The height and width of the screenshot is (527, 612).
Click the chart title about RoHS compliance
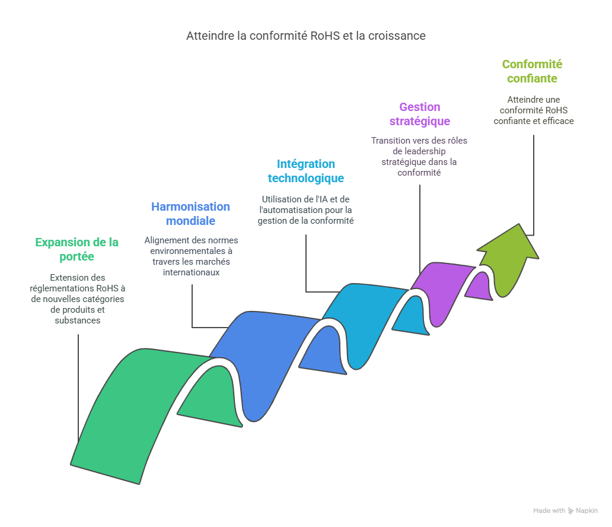click(x=305, y=36)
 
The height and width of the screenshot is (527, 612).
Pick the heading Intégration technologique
click(x=305, y=171)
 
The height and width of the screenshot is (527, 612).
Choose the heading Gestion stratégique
click(x=419, y=114)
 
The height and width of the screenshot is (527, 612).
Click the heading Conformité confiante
click(x=532, y=71)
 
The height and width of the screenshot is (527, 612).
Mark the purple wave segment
click(x=442, y=285)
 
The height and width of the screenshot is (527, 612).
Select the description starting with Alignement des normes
click(x=191, y=256)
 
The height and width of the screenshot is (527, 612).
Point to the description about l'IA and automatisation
click(x=305, y=209)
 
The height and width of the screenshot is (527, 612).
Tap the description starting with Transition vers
click(x=419, y=156)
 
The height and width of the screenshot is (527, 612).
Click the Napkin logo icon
click(x=570, y=511)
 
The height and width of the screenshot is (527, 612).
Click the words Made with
click(x=549, y=511)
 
